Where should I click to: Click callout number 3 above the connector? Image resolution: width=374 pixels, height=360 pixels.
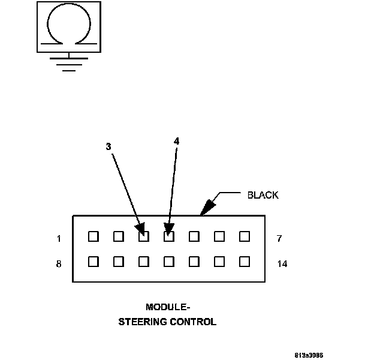[x=108, y=146]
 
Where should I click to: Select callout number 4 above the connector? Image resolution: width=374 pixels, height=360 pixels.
[x=176, y=141]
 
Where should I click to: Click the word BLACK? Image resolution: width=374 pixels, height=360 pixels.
[x=263, y=195]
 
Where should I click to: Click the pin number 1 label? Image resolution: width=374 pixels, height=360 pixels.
[x=59, y=239]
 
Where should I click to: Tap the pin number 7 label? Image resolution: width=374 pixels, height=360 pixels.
[x=280, y=239]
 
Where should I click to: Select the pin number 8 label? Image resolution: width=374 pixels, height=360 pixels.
[x=59, y=263]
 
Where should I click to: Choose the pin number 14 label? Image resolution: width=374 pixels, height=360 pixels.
[x=282, y=263]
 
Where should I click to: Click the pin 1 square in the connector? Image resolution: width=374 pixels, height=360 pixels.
[x=93, y=236]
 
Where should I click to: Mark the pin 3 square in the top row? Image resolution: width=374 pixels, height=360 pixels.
[x=143, y=236]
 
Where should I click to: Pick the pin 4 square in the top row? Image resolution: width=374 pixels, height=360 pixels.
[x=168, y=236]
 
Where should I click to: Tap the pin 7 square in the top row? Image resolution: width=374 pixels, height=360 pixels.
[x=244, y=236]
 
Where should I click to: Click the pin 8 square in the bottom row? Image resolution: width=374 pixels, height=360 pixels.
[x=93, y=262]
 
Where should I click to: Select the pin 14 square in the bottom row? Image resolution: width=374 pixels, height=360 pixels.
[x=244, y=262]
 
